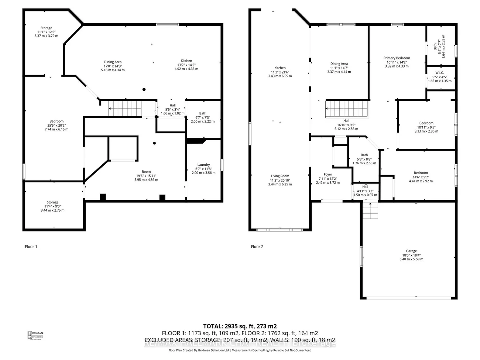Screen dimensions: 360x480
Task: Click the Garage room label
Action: (x=411, y=251)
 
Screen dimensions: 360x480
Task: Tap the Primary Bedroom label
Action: (x=397, y=58)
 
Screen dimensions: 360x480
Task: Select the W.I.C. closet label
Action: (x=439, y=73)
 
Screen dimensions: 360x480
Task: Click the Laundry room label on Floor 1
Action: (x=203, y=165)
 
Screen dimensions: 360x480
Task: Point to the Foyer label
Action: (x=328, y=174)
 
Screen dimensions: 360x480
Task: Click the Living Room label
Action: (x=280, y=176)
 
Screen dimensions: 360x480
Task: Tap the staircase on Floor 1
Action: (x=125, y=108)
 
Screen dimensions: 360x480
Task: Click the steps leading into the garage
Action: (x=370, y=210)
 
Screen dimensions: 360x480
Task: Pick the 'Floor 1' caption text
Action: (x=31, y=247)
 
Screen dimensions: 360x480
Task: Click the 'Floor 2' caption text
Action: (x=257, y=247)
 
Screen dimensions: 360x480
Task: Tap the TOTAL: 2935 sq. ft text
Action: (x=240, y=326)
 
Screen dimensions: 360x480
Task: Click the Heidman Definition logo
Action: (x=35, y=335)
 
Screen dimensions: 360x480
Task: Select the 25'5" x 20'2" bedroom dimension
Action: (x=56, y=125)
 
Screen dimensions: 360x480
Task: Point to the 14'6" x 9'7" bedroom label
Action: (x=421, y=173)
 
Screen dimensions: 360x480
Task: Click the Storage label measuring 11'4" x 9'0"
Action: (x=52, y=202)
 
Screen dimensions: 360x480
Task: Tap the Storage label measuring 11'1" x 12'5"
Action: (x=46, y=28)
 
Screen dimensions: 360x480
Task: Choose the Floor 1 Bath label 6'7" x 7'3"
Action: (x=203, y=113)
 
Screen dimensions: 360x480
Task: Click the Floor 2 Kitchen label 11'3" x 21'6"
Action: (x=280, y=68)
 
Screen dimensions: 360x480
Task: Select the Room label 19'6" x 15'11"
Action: (x=146, y=172)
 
